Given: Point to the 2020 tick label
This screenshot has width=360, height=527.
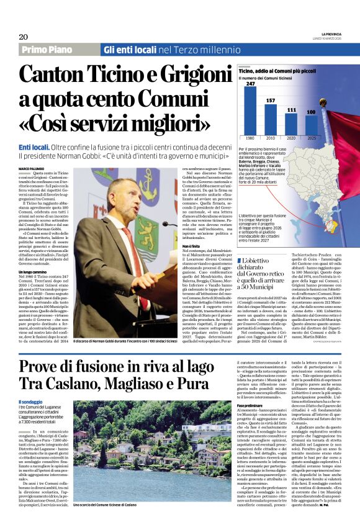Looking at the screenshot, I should pyautogui.click(x=291, y=138).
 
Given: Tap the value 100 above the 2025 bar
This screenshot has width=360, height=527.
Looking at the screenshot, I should pyautogui.click(x=311, y=112).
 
